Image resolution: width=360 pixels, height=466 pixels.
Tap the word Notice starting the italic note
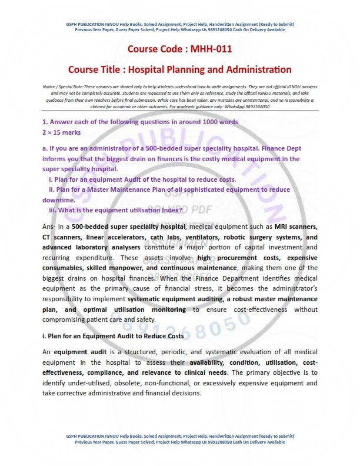click(51, 87)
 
